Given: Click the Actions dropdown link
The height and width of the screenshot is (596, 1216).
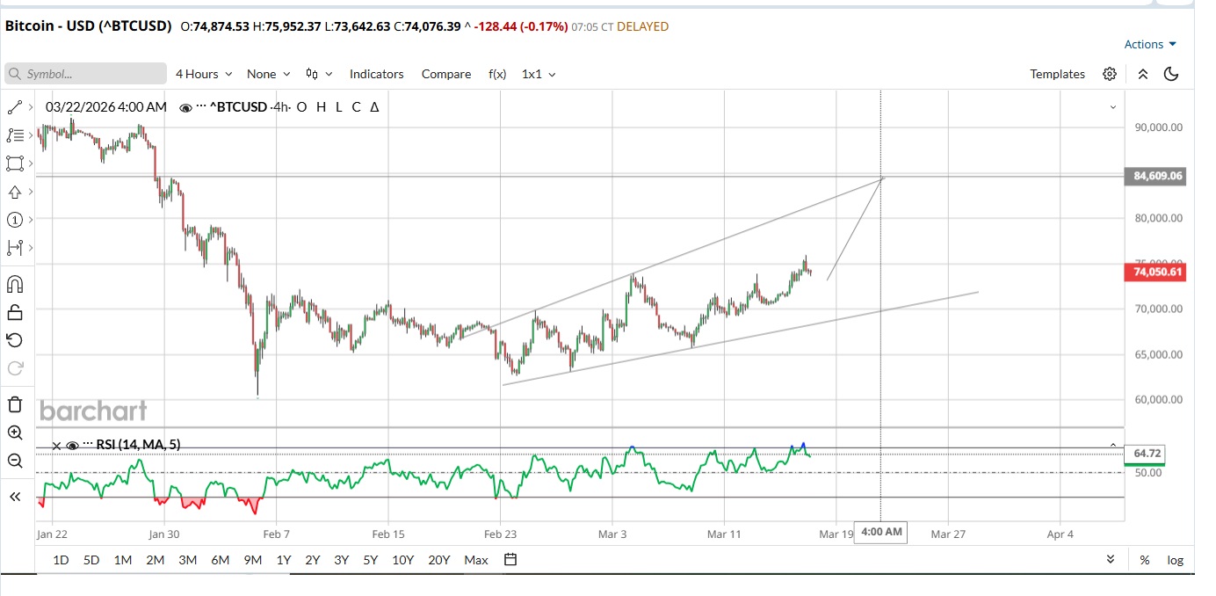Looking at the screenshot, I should (1149, 44).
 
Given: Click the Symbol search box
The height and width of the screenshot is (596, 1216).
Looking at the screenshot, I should (86, 74).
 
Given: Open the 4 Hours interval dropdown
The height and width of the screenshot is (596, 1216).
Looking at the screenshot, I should (204, 74).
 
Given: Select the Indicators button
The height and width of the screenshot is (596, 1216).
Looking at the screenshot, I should (376, 74).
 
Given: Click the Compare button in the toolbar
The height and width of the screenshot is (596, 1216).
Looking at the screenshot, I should (445, 74).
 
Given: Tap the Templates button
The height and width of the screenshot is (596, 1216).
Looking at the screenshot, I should (1057, 74).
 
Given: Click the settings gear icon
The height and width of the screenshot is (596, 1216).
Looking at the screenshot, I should (1110, 74).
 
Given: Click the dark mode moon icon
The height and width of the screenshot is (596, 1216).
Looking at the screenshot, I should (1170, 74).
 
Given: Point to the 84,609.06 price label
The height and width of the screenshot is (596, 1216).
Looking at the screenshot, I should (1158, 176).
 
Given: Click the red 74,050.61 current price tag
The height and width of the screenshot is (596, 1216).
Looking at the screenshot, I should (1158, 273).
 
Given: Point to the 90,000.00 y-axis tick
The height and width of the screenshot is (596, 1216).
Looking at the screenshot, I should (1158, 127).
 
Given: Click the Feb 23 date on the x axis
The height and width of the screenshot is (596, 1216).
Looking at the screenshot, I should (500, 534).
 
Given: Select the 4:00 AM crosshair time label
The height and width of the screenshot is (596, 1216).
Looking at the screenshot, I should (881, 532).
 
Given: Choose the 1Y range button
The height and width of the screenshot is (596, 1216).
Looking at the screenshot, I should (283, 560).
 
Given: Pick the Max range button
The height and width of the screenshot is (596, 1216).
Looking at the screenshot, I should (475, 560).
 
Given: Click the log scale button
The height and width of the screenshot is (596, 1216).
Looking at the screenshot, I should (1175, 560).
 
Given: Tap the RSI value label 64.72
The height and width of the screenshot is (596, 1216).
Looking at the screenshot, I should (1147, 453).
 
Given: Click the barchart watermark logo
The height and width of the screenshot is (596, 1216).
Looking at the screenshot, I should (93, 411).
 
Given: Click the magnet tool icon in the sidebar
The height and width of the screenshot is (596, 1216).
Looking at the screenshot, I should (15, 284).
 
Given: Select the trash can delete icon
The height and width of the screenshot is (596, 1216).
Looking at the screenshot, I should (15, 404).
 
